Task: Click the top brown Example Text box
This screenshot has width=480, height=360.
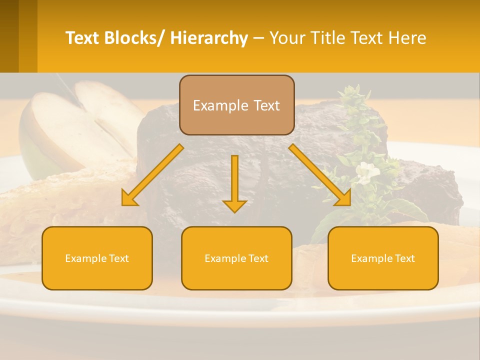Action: coord(236,105)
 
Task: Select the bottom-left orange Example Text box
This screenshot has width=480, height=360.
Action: coord(97,258)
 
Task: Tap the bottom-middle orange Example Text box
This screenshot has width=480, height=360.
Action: coord(236,258)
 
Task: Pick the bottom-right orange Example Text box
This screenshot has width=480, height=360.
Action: coord(383,258)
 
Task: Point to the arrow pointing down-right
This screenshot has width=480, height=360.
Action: coord(320,175)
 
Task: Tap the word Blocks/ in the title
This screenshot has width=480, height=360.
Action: coord(134,38)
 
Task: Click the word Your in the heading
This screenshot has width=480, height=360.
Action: coord(287,38)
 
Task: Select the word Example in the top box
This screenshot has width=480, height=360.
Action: coord(216,105)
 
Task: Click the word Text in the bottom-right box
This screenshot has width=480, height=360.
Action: coord(403,258)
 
